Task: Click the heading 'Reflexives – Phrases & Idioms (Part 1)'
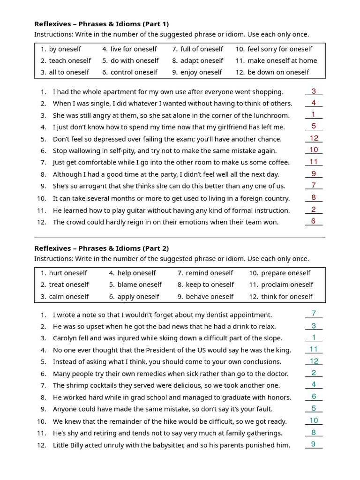101,24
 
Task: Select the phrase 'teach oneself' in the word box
70,60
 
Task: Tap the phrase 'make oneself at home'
282,60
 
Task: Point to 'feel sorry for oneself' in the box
280,49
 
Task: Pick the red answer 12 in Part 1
314,138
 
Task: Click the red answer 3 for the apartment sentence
314,91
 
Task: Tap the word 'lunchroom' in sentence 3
273,115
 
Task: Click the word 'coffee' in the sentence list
278,162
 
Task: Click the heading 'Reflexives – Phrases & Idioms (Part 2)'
101,248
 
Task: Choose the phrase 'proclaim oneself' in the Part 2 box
287,285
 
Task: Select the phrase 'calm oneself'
69,296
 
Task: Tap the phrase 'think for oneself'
286,296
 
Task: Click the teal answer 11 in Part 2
314,349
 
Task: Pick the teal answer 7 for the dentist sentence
314,313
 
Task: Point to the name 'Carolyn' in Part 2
66,338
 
